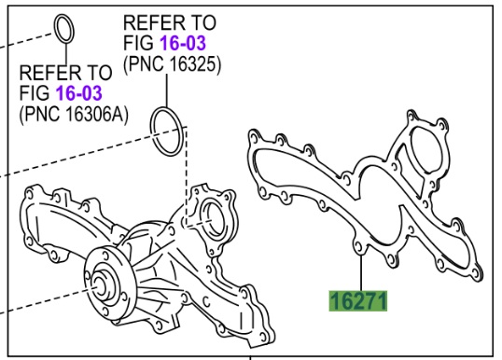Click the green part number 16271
coord(358,301)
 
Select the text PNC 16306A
coord(74,114)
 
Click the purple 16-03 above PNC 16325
coord(183,43)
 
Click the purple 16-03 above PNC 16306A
coord(79,93)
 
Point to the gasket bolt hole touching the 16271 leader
coord(358,246)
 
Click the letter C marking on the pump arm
coord(206,301)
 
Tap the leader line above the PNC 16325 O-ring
coord(166,90)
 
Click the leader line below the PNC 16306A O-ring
coord(65,53)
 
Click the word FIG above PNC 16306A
coord(35,93)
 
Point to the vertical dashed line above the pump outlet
coord(186,176)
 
